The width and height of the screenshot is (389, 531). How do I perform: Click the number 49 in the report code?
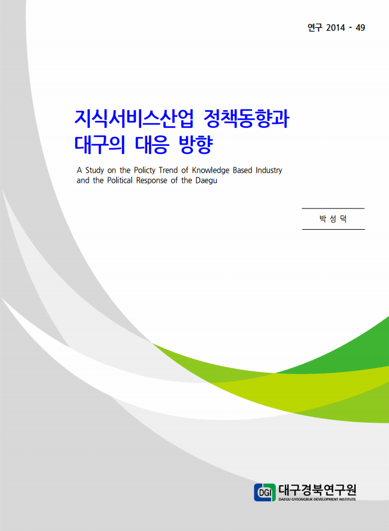tap(360, 28)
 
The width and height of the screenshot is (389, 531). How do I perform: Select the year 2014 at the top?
tap(335, 28)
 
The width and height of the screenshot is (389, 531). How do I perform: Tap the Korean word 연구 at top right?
tap(315, 27)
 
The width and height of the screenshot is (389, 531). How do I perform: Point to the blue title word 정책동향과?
tap(247, 118)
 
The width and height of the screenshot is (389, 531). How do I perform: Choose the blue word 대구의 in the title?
tap(99, 145)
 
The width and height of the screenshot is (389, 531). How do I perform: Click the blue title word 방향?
tap(195, 145)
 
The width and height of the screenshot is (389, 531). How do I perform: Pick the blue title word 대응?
tap(152, 145)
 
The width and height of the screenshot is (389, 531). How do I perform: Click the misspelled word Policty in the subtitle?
tap(145, 170)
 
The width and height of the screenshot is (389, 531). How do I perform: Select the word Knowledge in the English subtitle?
tap(210, 170)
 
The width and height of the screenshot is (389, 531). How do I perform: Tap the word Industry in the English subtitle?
tap(269, 170)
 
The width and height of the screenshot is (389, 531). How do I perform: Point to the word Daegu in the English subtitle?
tap(206, 180)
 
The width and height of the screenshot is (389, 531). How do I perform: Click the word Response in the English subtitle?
tap(151, 180)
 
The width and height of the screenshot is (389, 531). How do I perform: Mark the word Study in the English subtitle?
tap(94, 170)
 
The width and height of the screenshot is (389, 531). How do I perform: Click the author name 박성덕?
tap(333, 218)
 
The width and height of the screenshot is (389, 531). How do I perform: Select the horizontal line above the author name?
tap(333, 208)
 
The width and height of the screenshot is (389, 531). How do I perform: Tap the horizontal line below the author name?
tap(333, 229)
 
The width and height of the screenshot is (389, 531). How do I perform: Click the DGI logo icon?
tap(264, 492)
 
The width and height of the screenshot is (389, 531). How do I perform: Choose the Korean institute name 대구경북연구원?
tap(317, 490)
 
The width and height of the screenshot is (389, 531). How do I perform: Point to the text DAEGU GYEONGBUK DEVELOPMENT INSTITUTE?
tap(317, 499)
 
